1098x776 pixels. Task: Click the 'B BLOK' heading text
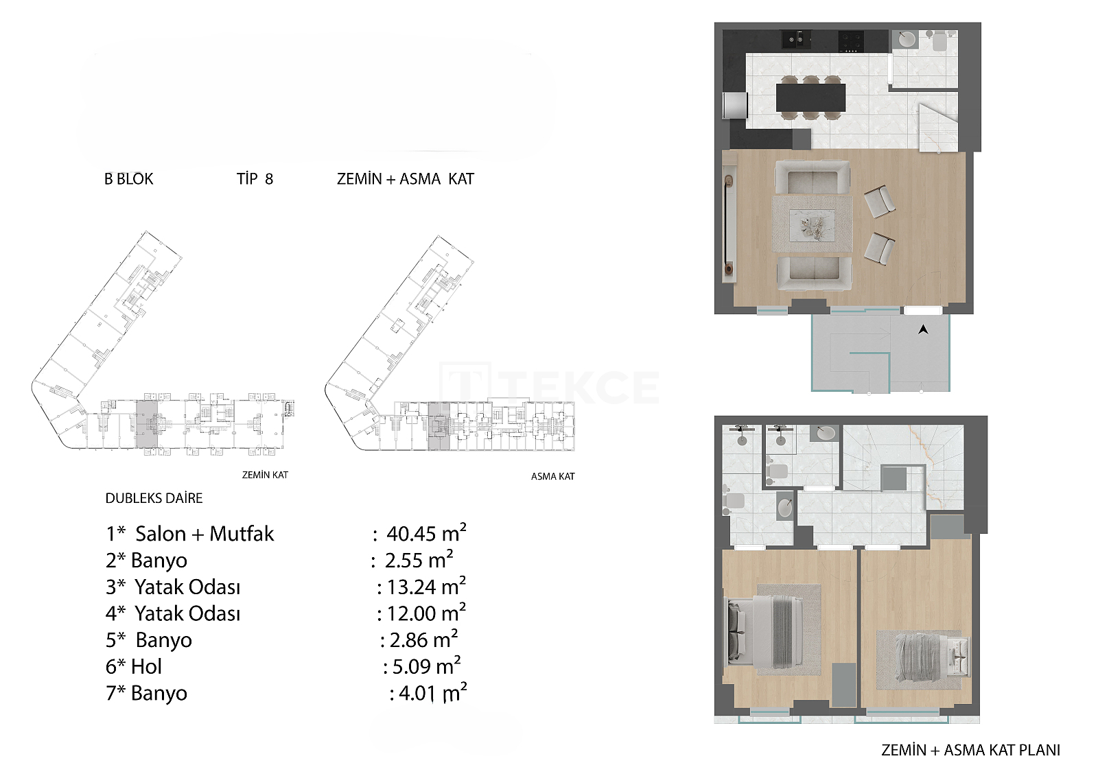[129, 179]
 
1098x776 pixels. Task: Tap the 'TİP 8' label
[255, 179]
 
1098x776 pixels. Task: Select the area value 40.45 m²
[426, 533]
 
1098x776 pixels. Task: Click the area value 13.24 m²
[426, 587]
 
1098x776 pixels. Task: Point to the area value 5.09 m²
[426, 666]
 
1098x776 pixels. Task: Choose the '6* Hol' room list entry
[134, 666]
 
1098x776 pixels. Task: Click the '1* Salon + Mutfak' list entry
[189, 533]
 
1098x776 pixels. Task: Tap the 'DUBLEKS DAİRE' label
[154, 498]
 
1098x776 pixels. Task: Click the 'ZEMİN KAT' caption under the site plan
[265, 475]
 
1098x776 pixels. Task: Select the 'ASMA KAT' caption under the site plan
[553, 476]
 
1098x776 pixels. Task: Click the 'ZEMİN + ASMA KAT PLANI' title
[970, 749]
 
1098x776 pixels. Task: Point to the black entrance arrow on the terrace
[923, 329]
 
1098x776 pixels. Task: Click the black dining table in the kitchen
[810, 97]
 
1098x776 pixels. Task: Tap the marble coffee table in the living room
[812, 225]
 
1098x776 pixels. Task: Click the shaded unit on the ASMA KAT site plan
[439, 427]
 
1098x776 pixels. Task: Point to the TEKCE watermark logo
[550, 387]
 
